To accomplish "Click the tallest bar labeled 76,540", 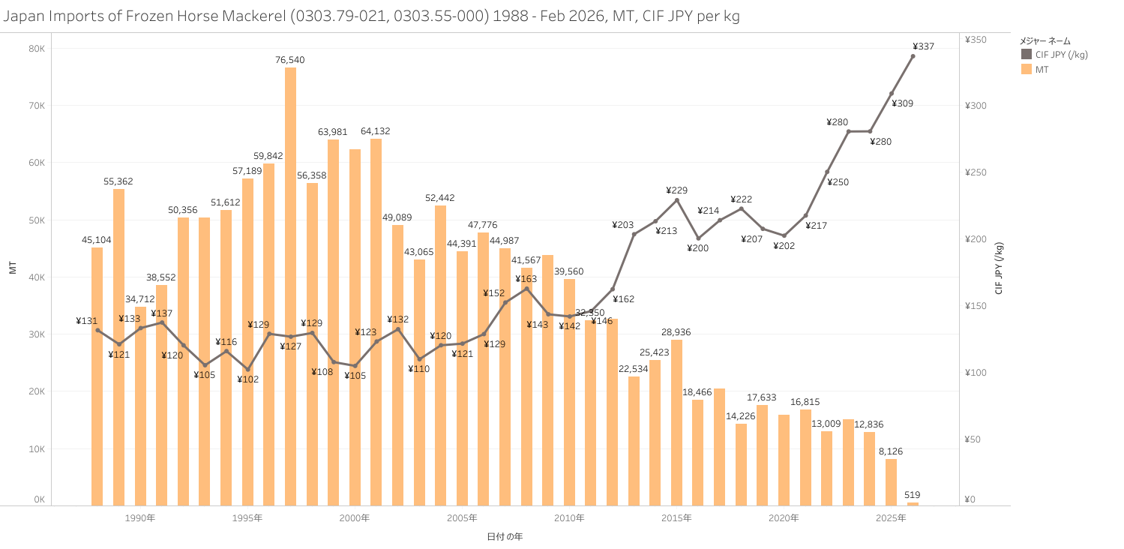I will click(x=290, y=285).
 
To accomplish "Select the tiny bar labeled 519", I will click(x=913, y=503).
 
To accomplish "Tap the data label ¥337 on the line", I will click(x=924, y=46).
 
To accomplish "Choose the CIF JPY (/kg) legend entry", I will click(x=1054, y=54).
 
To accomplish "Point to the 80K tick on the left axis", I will click(x=37, y=49).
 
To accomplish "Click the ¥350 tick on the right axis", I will click(x=976, y=40).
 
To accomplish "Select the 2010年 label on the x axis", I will click(x=570, y=518).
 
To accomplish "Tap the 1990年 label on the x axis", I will click(x=140, y=518).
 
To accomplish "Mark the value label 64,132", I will click(x=376, y=131).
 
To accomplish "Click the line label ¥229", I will click(x=676, y=190).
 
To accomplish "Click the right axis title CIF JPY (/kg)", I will click(x=999, y=268).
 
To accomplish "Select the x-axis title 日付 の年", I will click(x=505, y=536).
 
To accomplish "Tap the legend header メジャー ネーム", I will click(x=1045, y=40).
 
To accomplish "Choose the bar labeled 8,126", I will click(x=891, y=481).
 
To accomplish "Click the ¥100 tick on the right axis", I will click(x=976, y=373).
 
